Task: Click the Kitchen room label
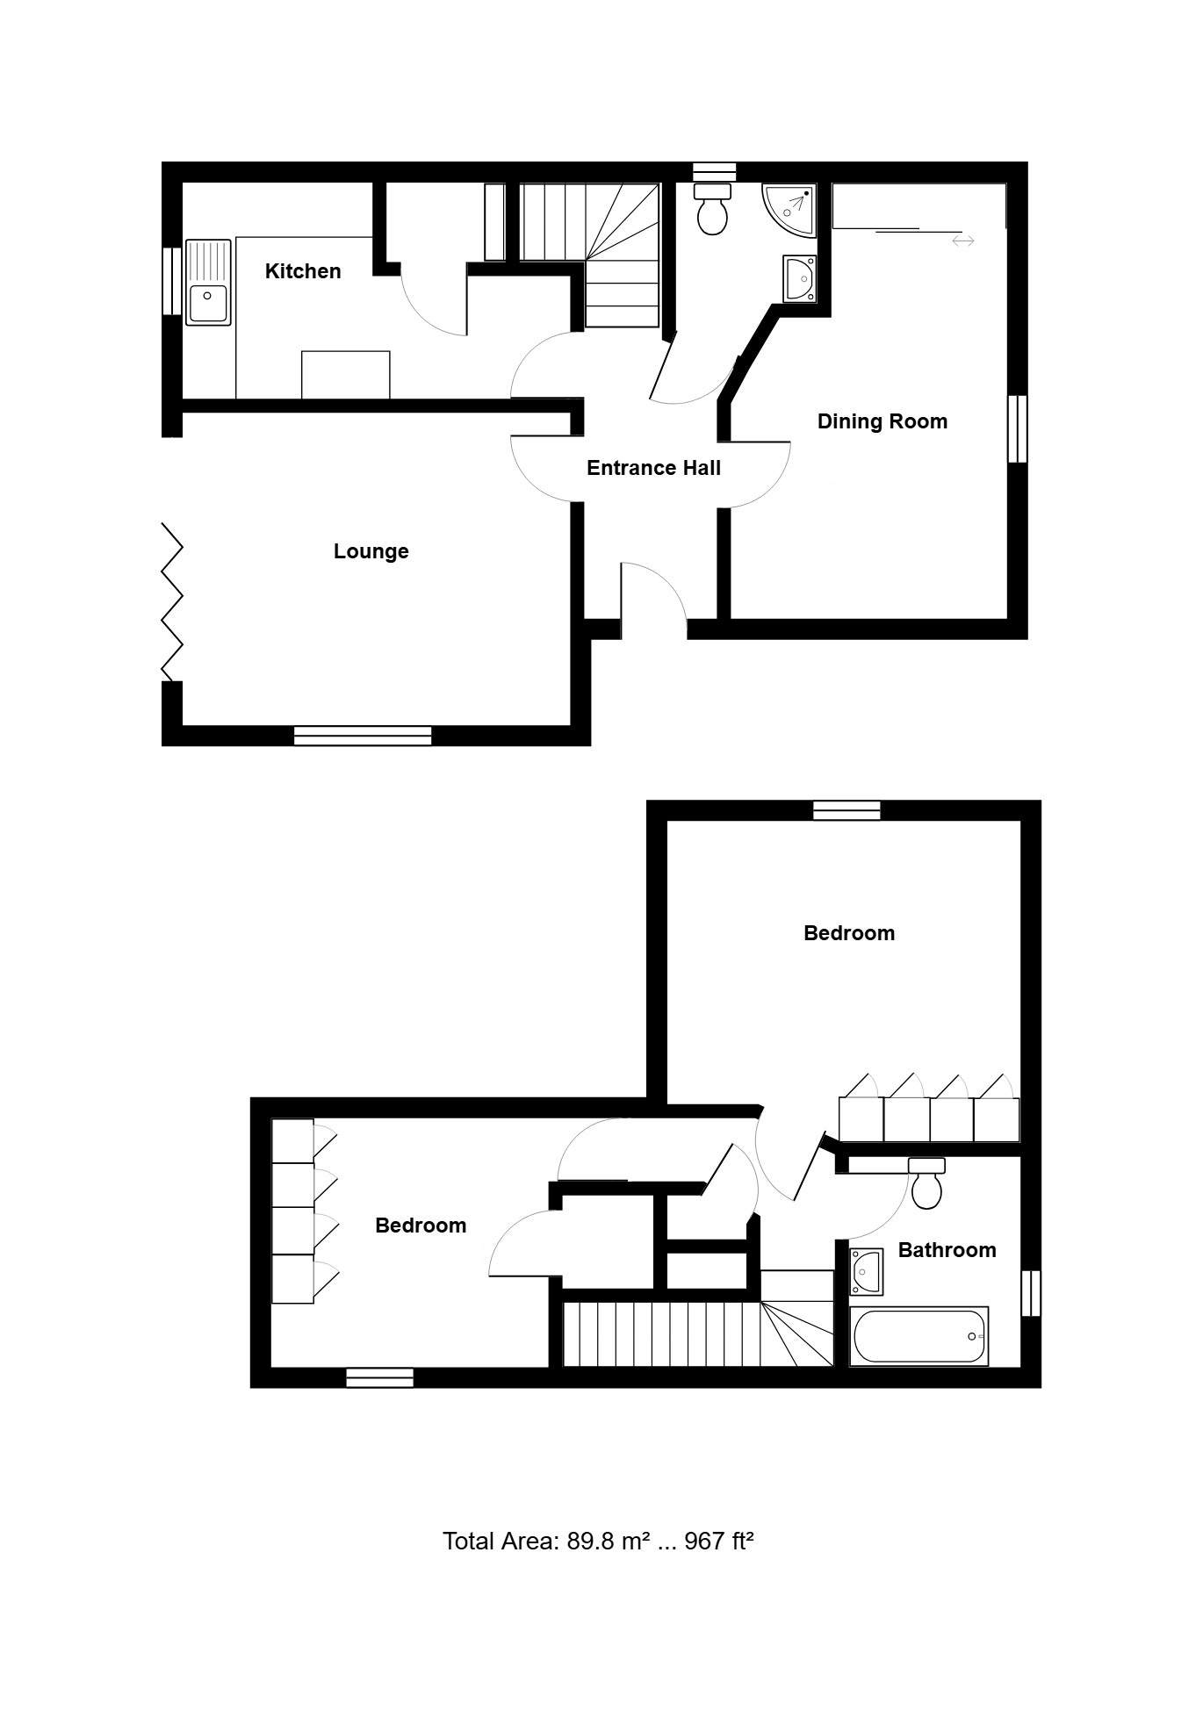pos(303,271)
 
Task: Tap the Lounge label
pos(371,551)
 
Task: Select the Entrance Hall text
pos(653,468)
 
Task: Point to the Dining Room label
pos(882,421)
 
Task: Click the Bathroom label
pos(947,1250)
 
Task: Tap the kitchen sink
pos(209,282)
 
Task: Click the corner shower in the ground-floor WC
pos(789,211)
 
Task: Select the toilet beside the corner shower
pos(712,208)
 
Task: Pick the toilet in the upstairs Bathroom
pos(926,1182)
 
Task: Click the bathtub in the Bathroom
pos(919,1336)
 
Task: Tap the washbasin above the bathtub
pos(867,1271)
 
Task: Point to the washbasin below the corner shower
pos(800,279)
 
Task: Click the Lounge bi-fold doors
pos(172,601)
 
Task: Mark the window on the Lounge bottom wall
pos(363,736)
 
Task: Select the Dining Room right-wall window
pos(1017,428)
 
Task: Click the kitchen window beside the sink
pos(172,281)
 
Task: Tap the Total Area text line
pos(599,1541)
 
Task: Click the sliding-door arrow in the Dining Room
pos(963,241)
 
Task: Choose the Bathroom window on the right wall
pos(1031,1293)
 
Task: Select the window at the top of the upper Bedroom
pos(846,810)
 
